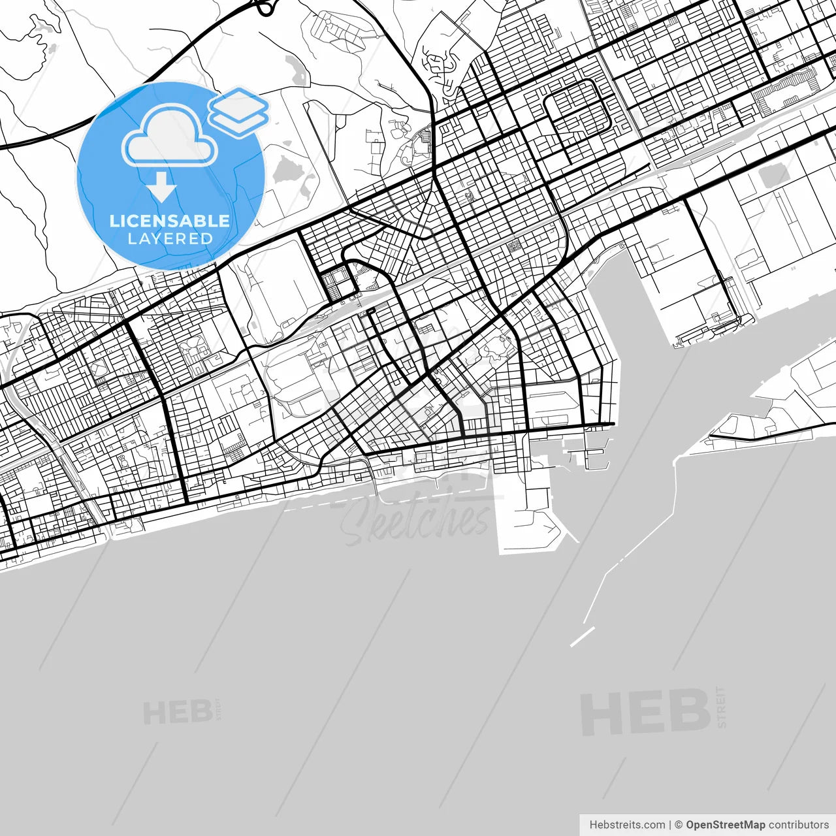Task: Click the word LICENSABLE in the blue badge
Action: coord(170,221)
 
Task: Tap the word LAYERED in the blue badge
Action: coord(170,238)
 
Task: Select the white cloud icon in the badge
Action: coord(170,138)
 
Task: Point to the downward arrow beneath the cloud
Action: coord(161,187)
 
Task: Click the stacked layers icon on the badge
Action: coord(238,111)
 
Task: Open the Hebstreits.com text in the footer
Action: coord(627,825)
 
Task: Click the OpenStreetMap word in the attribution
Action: coord(725,825)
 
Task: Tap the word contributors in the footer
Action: coord(798,825)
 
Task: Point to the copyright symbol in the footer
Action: coord(679,825)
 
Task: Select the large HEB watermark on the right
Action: coord(645,712)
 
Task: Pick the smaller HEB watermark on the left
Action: coord(177,713)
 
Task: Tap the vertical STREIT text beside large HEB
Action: coord(721,707)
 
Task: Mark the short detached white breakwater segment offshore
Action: coord(582,637)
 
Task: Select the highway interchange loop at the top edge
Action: coord(265,8)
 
